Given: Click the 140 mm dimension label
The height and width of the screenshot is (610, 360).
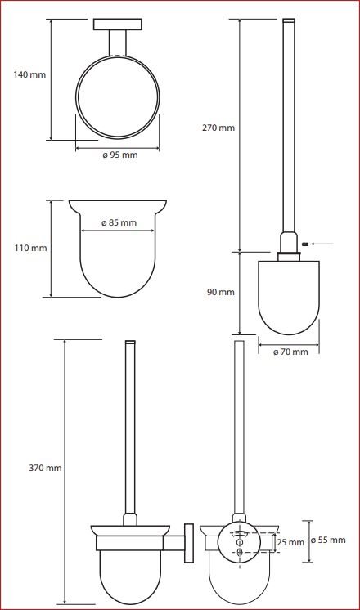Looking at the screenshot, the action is coord(29,74).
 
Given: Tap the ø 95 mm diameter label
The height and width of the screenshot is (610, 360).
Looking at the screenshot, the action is coord(120,155).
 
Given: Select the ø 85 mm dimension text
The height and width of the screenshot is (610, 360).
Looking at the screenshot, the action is coord(119,223).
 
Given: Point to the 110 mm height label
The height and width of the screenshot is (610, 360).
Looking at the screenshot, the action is coord(31,248).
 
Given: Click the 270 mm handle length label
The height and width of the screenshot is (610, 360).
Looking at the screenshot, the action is coord(218,128).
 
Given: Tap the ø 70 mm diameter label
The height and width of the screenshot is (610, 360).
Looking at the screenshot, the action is coord(290,352).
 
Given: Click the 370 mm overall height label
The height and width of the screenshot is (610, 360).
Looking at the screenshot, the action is coord(45,468).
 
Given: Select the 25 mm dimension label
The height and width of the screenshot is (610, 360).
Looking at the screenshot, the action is coord(290,542).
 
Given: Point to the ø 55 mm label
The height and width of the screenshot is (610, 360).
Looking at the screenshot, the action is coord(328,540).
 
